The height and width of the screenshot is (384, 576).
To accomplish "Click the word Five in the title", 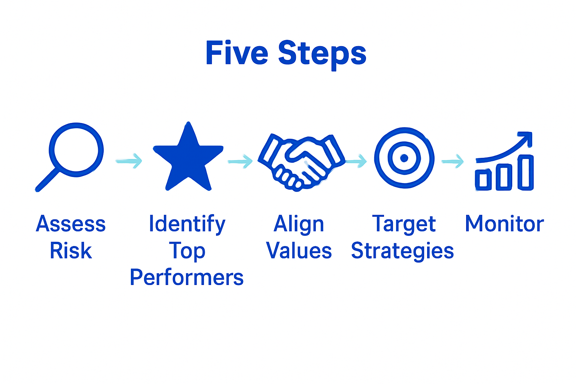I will tap(236, 53).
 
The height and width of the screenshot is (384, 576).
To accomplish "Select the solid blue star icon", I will tap(188, 159).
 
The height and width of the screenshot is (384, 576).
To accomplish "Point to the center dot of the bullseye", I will tap(404, 158).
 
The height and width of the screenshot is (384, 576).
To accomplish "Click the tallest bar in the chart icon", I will tap(525, 172).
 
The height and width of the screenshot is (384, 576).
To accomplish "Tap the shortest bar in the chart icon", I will tap(483, 179).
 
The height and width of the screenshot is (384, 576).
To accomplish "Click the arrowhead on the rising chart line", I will tap(527, 137).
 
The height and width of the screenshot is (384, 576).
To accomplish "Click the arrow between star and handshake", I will tap(240, 162).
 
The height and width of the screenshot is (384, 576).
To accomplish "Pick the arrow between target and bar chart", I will tap(453, 162).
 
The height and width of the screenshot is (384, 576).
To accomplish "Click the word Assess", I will tap(71, 224).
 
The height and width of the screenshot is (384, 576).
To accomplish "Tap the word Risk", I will tap(71, 251).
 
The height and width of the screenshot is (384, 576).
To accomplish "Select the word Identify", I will tap(187, 225).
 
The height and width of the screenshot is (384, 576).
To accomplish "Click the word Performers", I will tap(187, 278).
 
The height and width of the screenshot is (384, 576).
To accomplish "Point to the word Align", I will tap(299, 225).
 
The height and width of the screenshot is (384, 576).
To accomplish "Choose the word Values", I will tap(299, 251).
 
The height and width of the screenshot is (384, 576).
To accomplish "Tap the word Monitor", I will tap(504, 224).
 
